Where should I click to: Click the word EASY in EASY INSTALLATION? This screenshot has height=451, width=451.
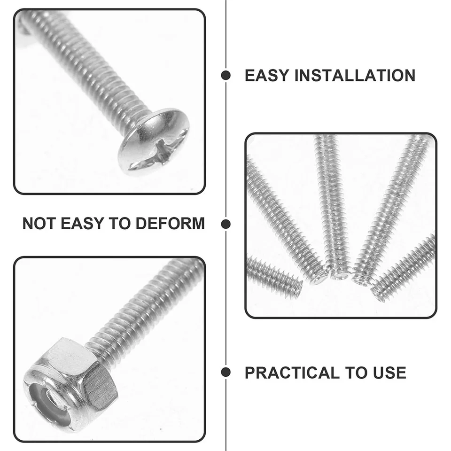click(266, 75)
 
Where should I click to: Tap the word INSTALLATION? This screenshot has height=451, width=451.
click(355, 75)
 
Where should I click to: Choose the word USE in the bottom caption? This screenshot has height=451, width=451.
click(389, 373)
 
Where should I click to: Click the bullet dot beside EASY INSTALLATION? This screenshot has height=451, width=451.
click(226, 75)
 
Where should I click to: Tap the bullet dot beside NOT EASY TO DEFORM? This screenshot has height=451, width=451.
click(226, 224)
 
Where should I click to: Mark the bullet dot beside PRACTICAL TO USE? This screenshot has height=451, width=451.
click(226, 372)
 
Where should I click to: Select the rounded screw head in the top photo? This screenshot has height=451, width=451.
click(154, 143)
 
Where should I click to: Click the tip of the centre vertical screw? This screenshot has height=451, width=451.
click(338, 276)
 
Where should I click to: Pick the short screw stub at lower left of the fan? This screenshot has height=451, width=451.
click(274, 276)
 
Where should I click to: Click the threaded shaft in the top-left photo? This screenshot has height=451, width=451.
click(86, 66)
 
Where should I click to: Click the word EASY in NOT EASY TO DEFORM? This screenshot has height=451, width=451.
click(82, 224)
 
